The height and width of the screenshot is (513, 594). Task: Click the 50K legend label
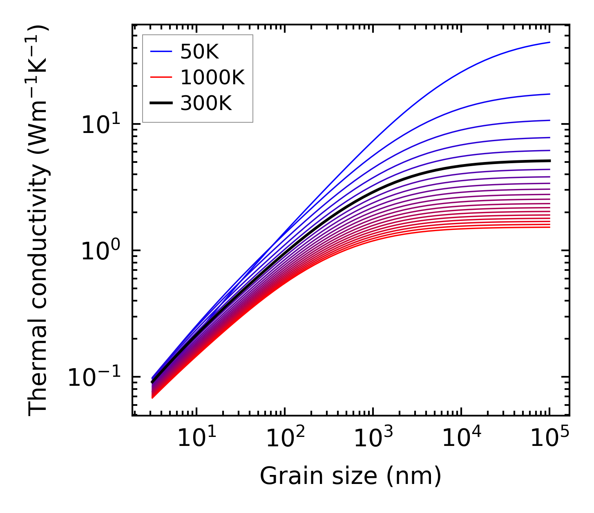click(199, 52)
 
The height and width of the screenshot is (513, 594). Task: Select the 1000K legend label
click(212, 77)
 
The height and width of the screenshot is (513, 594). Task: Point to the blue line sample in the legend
click(161, 52)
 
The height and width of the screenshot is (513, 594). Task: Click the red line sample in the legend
click(161, 78)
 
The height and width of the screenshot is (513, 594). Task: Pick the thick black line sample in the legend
click(161, 103)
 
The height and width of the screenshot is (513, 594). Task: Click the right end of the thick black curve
click(550, 161)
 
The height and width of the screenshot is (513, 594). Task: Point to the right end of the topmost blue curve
click(550, 42)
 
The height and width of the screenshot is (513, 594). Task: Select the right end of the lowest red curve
click(550, 227)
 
